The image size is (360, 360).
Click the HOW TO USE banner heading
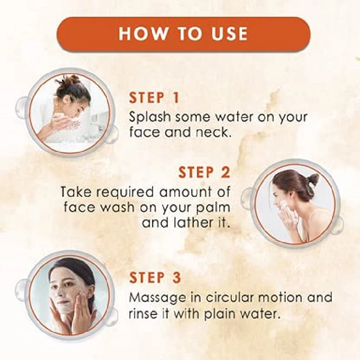pyautogui.click(x=183, y=34)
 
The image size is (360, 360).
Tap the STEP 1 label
pyautogui.click(x=154, y=98)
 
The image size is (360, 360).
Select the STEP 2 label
pyautogui.click(x=204, y=172)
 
